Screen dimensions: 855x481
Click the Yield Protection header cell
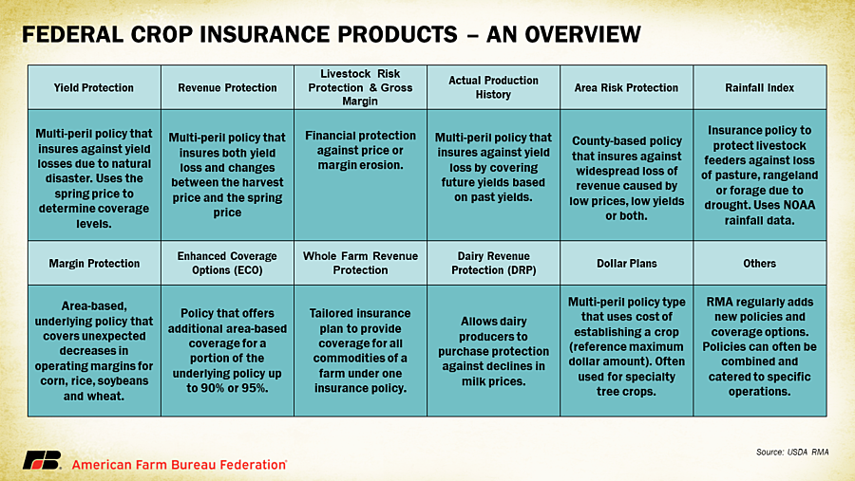click(x=94, y=87)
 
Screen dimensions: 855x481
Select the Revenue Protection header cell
click(x=227, y=87)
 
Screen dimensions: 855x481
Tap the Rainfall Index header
click(x=760, y=87)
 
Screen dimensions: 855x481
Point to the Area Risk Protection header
click(x=627, y=87)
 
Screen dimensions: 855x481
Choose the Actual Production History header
click(x=493, y=87)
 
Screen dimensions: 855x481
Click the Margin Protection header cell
click(x=94, y=263)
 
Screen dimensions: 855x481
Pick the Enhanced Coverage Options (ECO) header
click(x=227, y=263)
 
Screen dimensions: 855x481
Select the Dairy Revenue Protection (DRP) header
click(x=493, y=263)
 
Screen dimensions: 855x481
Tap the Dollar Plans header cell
click(x=627, y=263)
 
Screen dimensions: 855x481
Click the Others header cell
click(x=760, y=263)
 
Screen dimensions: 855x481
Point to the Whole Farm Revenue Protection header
click(x=360, y=263)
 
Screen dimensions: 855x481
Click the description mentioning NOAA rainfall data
click(x=760, y=175)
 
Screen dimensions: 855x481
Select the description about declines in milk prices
click(x=493, y=351)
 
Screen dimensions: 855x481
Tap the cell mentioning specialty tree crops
click(x=627, y=351)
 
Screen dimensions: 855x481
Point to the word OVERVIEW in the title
click(x=583, y=34)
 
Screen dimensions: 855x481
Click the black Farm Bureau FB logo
click(x=42, y=460)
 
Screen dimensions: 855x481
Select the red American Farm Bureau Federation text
click(x=180, y=465)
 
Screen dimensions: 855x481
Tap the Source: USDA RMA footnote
click(x=792, y=452)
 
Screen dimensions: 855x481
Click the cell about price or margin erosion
click(x=360, y=175)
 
